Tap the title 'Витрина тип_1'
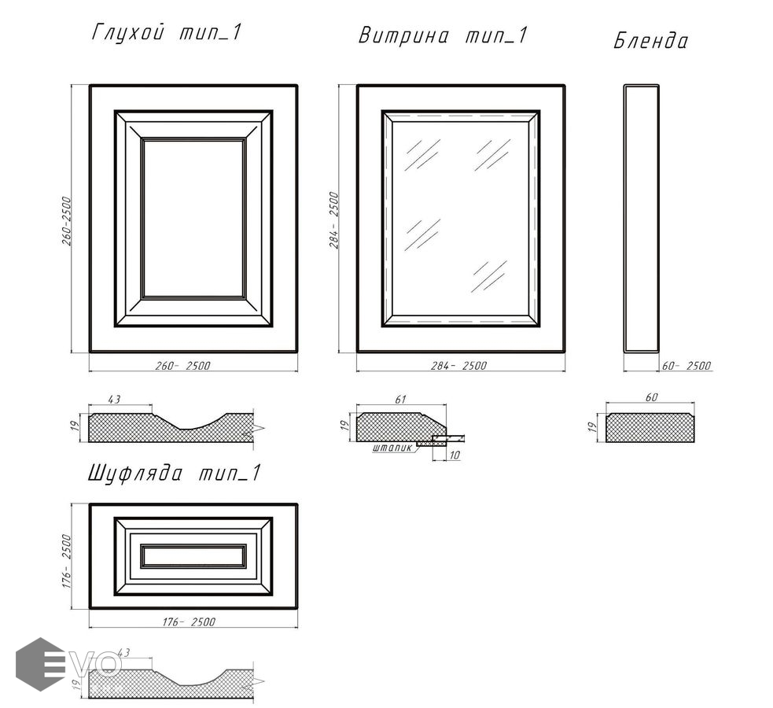444,35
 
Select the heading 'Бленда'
650,40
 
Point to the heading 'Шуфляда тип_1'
174,474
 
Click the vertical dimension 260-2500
67,221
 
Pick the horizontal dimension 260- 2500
182,366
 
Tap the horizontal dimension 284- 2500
458,366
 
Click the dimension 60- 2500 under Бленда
686,366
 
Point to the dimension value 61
400,399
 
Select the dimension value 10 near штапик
455,455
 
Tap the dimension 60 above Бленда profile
651,397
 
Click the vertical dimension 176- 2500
67,561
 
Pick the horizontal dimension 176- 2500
189,622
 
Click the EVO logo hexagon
40,664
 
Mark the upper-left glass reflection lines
422,154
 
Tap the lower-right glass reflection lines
489,276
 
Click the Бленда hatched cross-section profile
650,427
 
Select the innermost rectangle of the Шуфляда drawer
193,556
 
